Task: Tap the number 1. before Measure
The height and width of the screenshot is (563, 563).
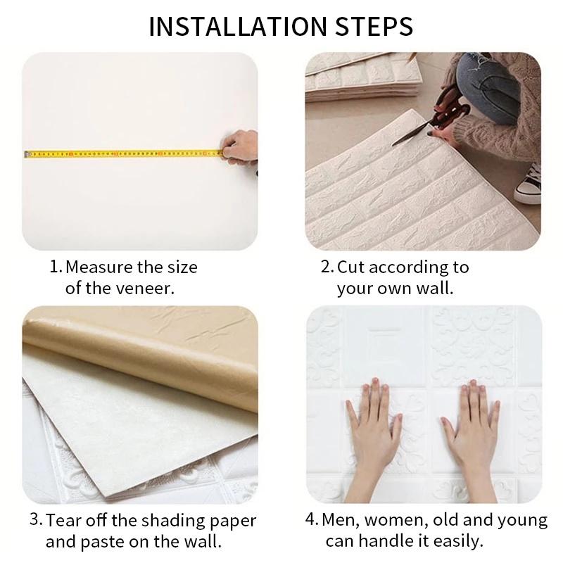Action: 55,268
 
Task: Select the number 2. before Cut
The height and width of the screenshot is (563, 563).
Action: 327,268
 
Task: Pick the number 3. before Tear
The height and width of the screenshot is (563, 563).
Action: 36,521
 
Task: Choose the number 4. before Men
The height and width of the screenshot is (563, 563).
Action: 312,521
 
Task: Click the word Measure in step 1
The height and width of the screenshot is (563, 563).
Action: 97,268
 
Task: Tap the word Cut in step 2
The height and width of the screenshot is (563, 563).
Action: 351,268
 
